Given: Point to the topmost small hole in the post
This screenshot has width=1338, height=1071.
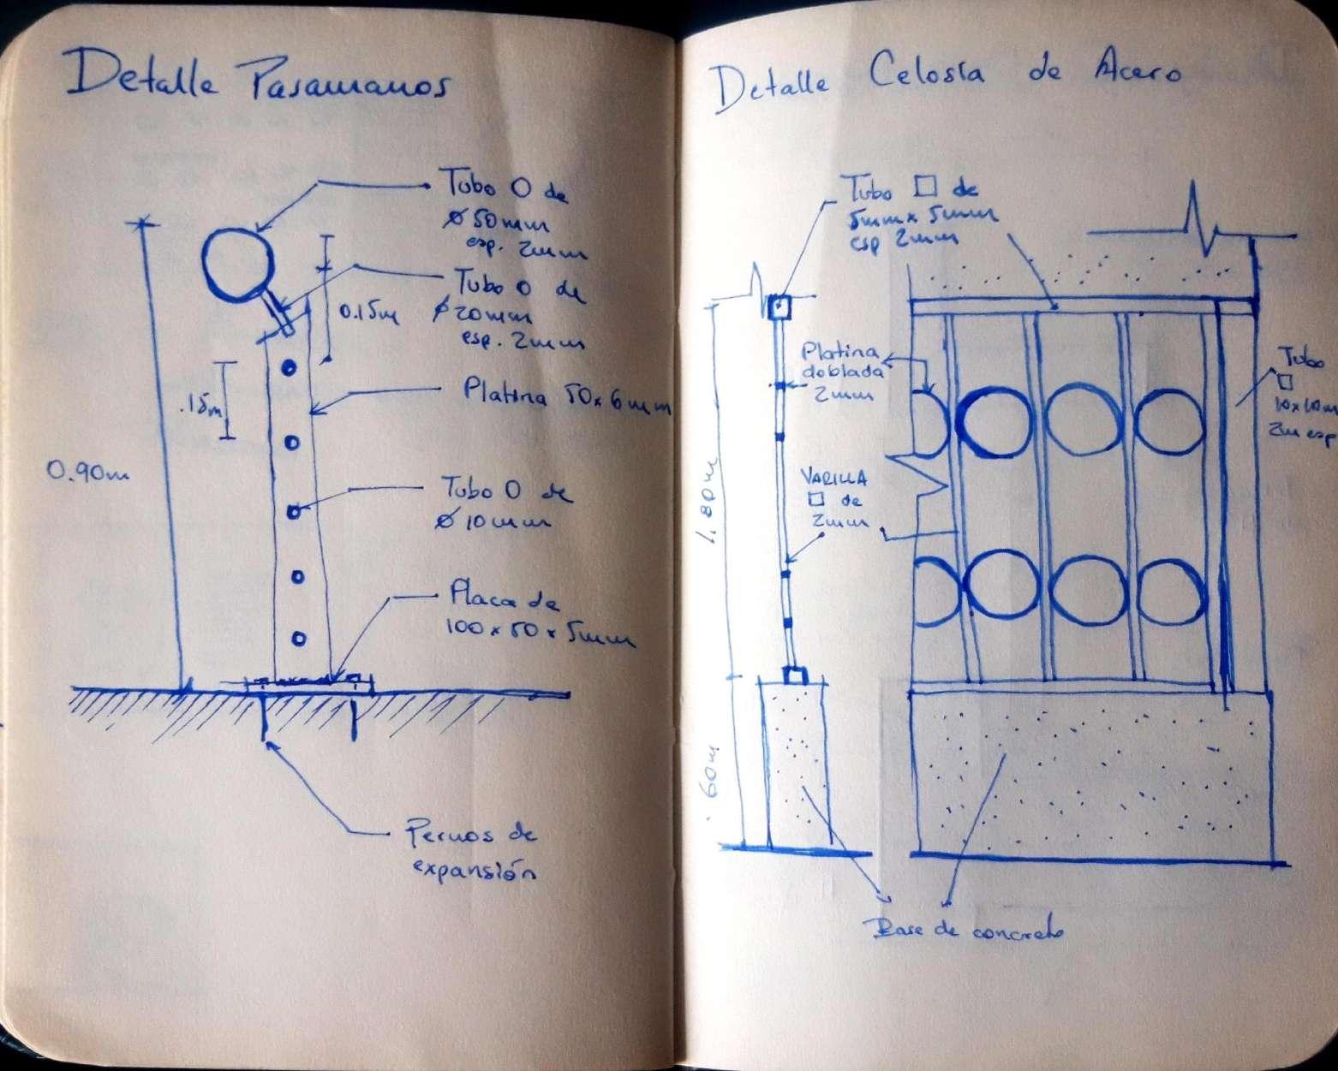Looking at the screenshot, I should [290, 367].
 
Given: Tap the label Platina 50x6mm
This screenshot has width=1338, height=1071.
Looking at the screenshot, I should [564, 397].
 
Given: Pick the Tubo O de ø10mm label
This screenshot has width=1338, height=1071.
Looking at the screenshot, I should [505, 506].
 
